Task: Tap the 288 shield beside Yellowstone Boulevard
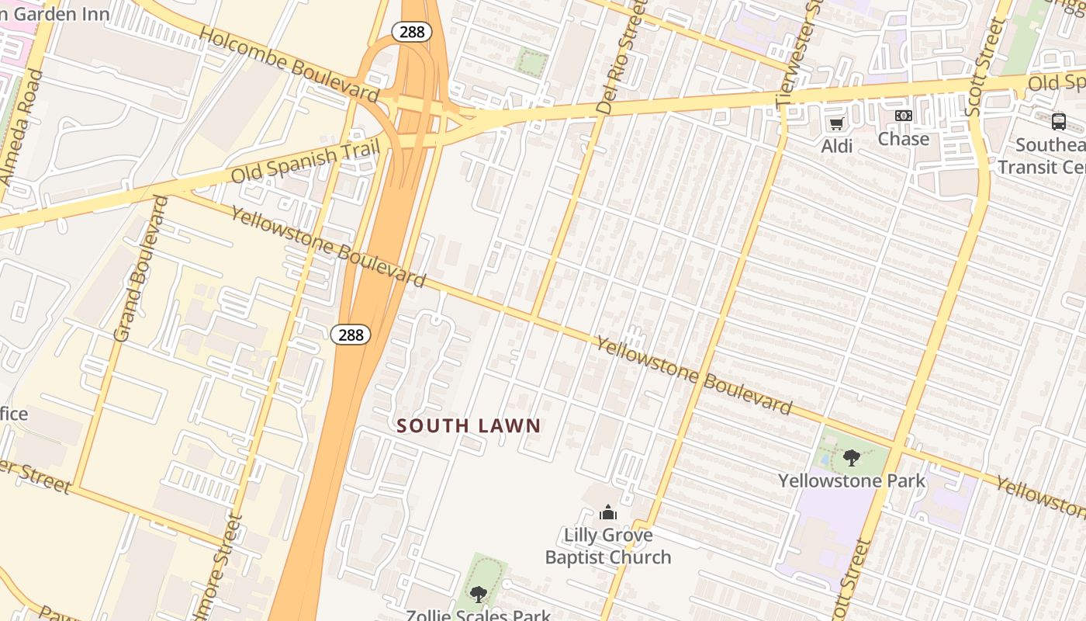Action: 351,335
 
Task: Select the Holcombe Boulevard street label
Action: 289,67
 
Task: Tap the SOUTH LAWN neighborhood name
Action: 469,425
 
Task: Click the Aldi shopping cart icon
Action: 836,124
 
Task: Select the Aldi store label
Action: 837,146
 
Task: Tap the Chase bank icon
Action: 903,116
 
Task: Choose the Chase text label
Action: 903,139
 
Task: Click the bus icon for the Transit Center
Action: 1058,121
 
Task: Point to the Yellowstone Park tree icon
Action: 851,458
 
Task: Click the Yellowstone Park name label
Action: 852,480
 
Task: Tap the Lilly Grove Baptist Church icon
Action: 608,512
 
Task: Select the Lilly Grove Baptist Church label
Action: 608,546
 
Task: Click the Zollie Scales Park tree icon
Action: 479,595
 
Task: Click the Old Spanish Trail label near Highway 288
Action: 306,161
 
